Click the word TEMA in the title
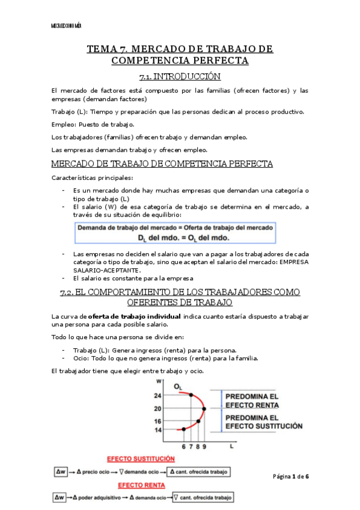pos(103,49)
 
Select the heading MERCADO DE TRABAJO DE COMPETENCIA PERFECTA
pos(162,164)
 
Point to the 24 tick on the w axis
pos(158,395)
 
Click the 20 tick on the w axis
pos(158,409)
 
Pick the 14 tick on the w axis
pos(158,429)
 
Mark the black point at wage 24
pos(191,395)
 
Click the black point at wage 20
pos(205,409)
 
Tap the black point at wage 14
pos(183,429)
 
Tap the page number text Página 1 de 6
pos(290,476)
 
